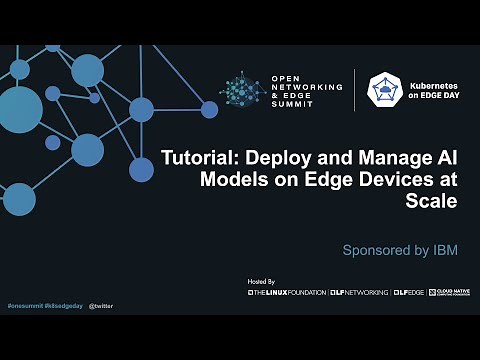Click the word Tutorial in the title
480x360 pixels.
(198, 159)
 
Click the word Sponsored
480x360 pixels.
(374, 250)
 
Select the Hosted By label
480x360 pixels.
(261, 283)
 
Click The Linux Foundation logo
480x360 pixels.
(286, 293)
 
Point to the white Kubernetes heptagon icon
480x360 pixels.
(385, 91)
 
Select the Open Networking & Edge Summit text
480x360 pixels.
(307, 91)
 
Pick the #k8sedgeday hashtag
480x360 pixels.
(62, 303)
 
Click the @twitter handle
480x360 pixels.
(100, 303)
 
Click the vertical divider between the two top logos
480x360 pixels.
(355, 91)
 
